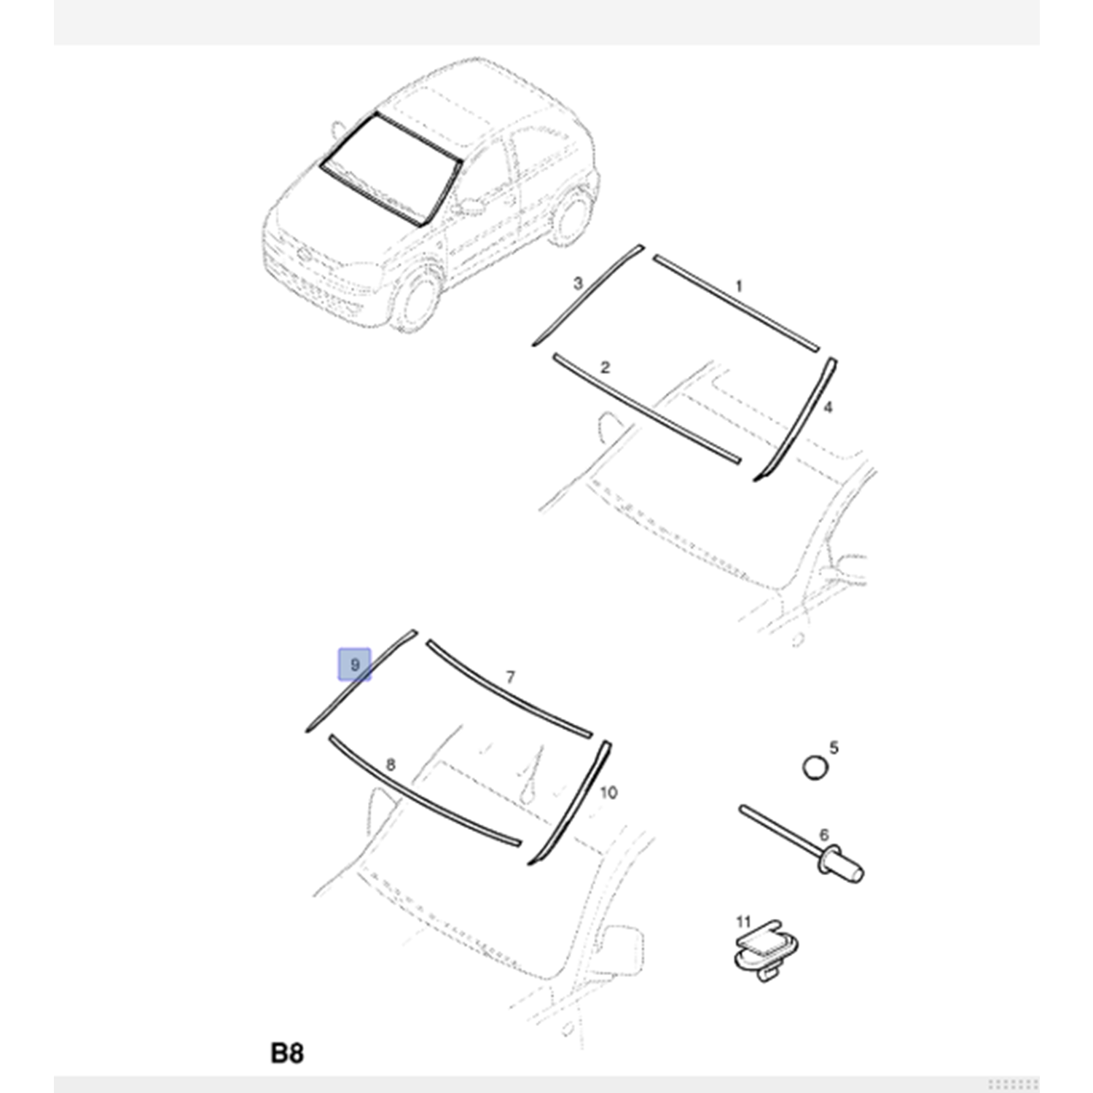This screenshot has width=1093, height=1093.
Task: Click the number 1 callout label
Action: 739,286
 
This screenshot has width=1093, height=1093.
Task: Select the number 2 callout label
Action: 605,367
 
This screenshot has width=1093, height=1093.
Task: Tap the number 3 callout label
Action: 578,283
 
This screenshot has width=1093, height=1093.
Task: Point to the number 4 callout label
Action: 828,407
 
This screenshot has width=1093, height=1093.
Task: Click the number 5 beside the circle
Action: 834,748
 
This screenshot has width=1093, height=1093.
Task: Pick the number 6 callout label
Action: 824,834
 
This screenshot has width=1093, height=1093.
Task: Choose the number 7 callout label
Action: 510,678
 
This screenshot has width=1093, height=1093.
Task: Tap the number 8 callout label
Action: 391,765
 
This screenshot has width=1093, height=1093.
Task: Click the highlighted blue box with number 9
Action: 354,665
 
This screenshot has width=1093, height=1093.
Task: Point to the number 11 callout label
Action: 743,922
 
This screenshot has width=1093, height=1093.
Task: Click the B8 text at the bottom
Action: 287,1053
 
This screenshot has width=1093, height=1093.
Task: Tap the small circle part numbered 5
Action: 815,767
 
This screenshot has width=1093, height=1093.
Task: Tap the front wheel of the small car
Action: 418,299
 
